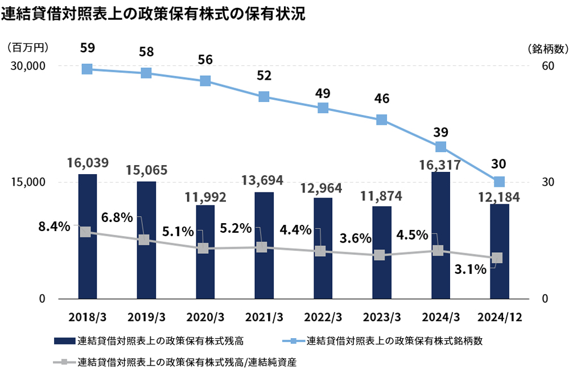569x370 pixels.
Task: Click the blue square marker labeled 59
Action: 87,69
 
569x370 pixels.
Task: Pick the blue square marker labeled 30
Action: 499,182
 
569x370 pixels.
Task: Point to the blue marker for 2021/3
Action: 263,97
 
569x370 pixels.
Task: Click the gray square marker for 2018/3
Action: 85,232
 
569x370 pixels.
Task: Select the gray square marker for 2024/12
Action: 497,258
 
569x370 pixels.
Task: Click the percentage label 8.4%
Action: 54,227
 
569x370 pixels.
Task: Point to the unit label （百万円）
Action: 28,48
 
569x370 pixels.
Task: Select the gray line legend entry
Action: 176,361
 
